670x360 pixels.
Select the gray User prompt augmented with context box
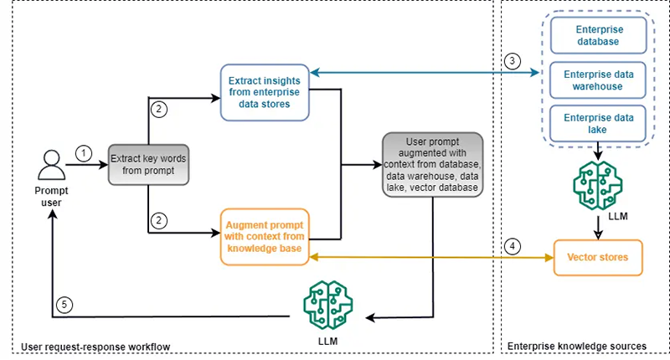pos(432,165)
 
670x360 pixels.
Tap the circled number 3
pos(512,61)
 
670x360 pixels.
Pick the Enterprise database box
pos(598,35)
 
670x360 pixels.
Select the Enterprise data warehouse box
pos(598,80)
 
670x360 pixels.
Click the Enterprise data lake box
pos(598,122)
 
